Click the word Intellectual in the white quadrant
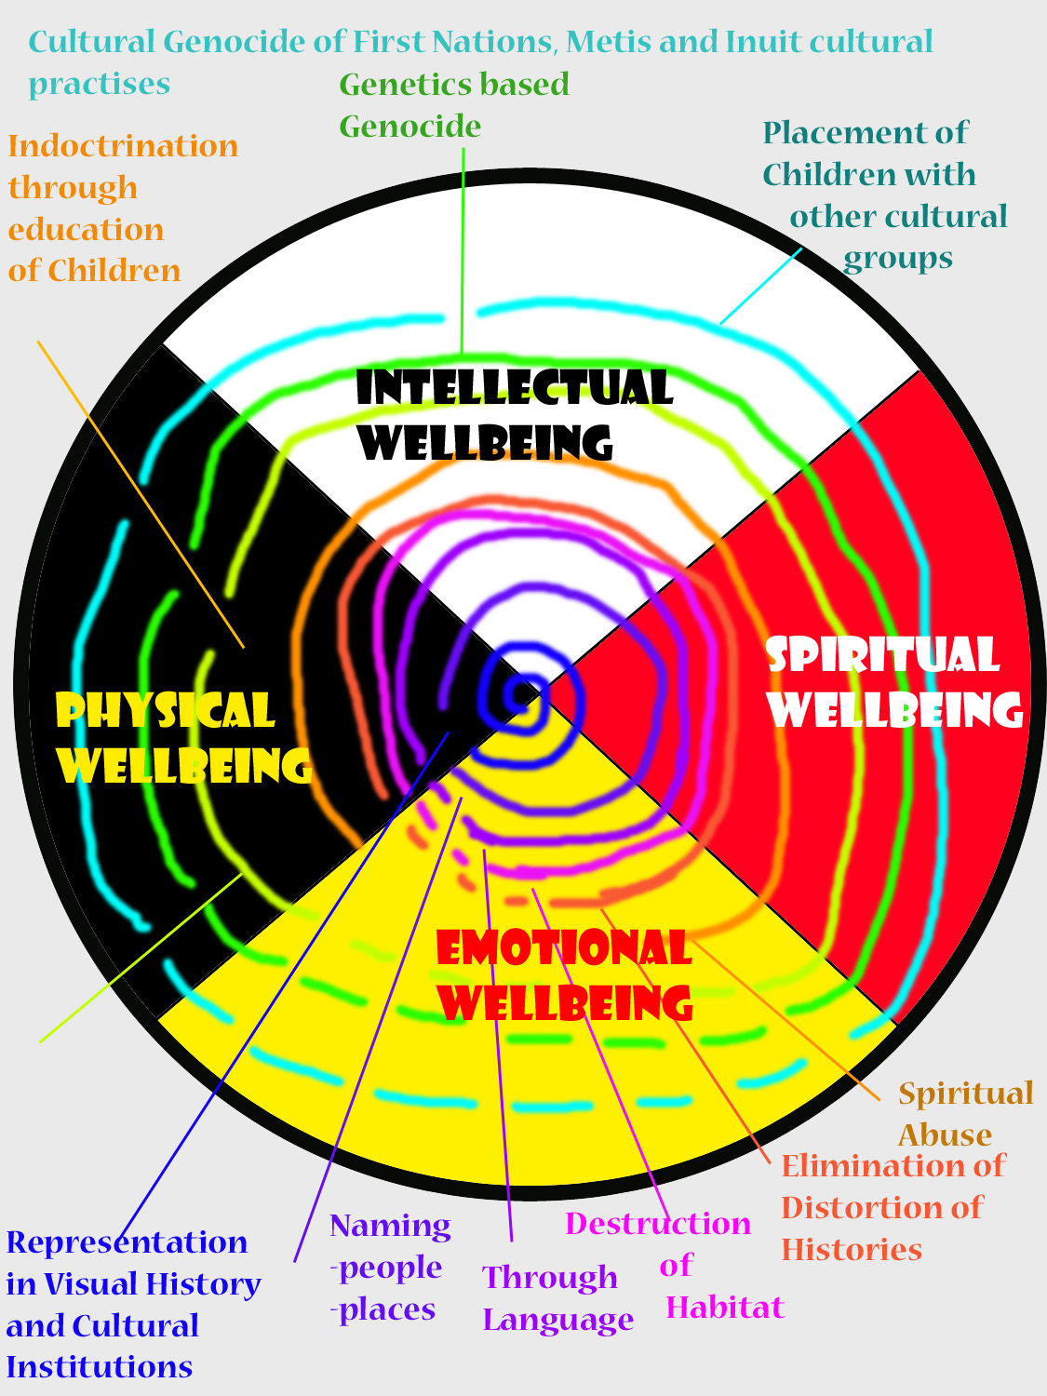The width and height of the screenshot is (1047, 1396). tap(514, 388)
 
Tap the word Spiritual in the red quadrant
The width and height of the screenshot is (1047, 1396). tap(882, 655)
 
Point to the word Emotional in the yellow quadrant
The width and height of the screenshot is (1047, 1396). tap(563, 949)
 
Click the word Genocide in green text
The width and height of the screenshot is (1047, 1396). tap(409, 126)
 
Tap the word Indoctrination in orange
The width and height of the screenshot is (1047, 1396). tap(123, 146)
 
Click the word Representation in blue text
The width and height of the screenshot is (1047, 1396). tap(127, 1242)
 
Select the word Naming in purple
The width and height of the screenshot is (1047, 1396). tap(390, 1227)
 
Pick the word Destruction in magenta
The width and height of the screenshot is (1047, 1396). tap(658, 1223)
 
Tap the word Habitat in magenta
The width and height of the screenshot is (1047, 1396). tap(725, 1308)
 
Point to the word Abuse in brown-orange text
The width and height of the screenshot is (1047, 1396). tap(945, 1135)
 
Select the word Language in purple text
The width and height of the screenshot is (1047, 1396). tap(557, 1320)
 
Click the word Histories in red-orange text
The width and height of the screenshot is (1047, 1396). tap(851, 1249)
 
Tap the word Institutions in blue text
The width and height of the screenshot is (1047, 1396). tap(99, 1367)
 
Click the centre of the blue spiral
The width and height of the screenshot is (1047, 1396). tap(517, 693)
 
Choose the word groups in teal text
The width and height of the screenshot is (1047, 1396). tap(897, 258)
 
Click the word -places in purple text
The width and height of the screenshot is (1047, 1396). tap(383, 1309)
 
